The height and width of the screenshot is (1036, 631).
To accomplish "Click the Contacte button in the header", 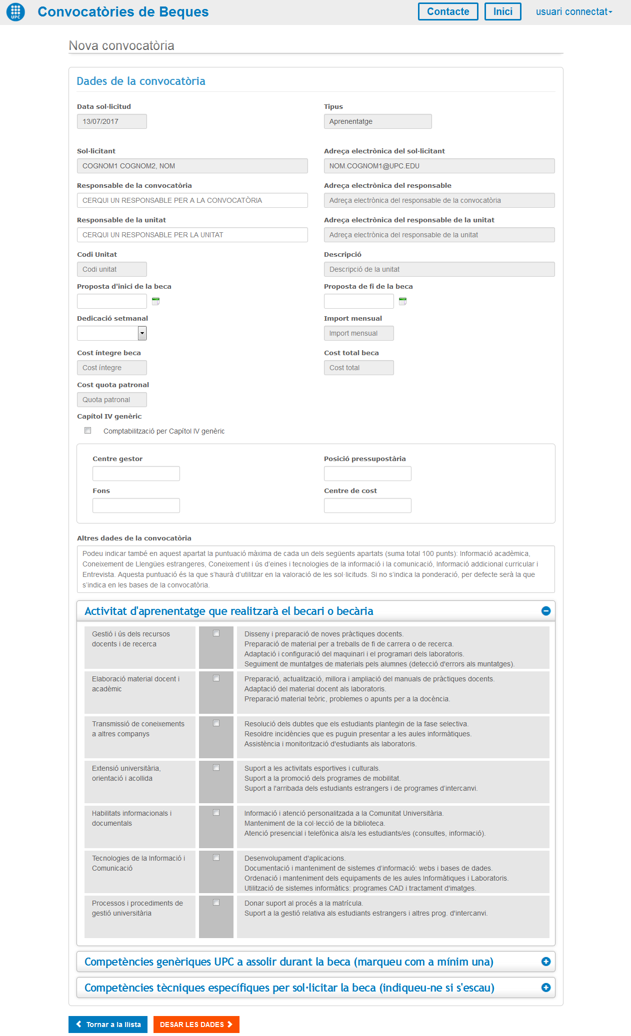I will pos(447,11).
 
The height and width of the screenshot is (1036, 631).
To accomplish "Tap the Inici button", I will pos(502,11).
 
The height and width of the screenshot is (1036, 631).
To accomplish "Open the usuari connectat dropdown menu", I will pos(573,11).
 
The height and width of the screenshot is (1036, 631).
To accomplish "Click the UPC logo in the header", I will pos(15,11).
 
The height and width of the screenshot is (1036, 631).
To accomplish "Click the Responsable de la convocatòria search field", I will pos(192,200).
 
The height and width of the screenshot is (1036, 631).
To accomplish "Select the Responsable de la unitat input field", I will pos(192,235).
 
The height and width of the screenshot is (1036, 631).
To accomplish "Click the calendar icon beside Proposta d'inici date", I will pos(155,301).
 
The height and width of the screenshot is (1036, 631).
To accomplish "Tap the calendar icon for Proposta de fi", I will pos(402,301).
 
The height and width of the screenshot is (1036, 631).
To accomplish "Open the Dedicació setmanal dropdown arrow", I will pos(142,333).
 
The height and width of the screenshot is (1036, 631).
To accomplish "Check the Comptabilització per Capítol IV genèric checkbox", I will pos(88,431).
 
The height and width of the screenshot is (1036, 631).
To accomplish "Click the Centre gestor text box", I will pos(136,474).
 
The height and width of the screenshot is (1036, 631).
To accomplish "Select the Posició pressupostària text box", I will pos(367,474).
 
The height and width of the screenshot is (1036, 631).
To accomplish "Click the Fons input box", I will pos(136,506).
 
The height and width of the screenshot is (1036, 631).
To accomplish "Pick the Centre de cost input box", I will pos(367,506).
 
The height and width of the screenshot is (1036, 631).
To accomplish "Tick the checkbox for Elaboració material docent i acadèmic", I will pos(216,678).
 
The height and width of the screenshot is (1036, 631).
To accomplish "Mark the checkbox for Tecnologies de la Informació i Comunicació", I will pos(216,858).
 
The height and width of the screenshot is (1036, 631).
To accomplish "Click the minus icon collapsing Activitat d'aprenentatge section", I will pos(546,611).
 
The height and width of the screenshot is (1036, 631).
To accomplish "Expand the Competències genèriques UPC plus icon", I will pos(546,962).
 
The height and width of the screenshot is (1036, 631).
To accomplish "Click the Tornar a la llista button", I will pos(108,1025).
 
